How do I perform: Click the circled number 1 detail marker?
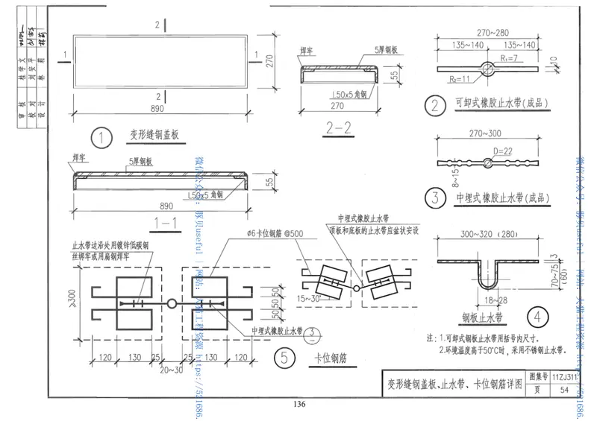[99, 137]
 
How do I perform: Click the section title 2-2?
[338, 128]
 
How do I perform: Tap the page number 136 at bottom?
[298, 405]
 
